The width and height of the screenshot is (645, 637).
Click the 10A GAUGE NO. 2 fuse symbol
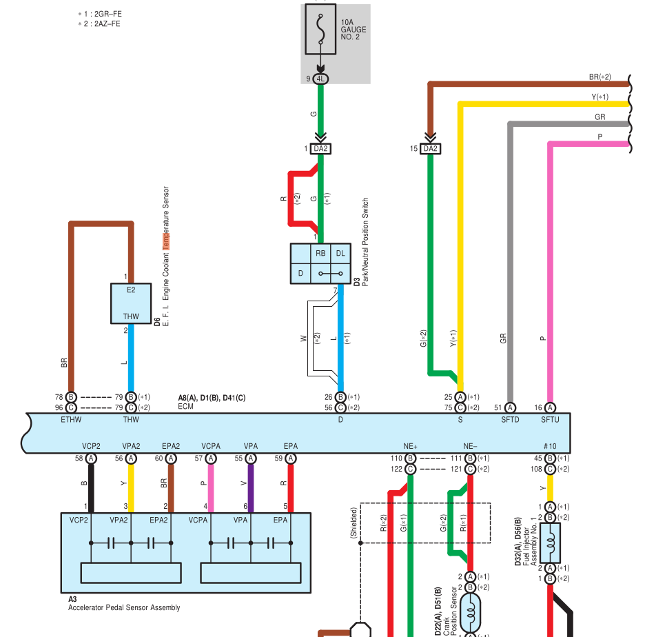[320, 29]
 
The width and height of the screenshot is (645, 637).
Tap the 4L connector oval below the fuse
[320, 79]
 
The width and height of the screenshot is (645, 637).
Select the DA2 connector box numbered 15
[430, 148]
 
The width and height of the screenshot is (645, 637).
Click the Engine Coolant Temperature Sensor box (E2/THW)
[131, 303]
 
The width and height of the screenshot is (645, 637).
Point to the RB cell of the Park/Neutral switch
[320, 254]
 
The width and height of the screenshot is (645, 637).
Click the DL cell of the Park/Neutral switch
[340, 254]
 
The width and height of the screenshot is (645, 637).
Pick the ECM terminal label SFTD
[510, 420]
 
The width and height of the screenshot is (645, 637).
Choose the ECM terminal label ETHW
[71, 420]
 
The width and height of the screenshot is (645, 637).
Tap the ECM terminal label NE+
[410, 447]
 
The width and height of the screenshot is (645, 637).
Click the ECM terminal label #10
[550, 447]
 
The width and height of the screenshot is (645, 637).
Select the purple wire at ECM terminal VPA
[251, 488]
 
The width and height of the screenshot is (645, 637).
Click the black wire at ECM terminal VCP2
[91, 488]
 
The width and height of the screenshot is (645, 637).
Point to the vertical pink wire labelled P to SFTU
[550, 272]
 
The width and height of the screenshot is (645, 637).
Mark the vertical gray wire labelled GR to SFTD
[510, 263]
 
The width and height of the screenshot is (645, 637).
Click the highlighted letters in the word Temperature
[166, 241]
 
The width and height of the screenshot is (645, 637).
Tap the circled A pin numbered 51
[510, 408]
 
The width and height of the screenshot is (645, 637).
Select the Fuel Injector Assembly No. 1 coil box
[550, 543]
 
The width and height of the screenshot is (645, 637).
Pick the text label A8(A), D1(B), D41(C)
[212, 398]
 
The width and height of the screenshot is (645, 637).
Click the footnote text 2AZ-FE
[107, 24]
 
